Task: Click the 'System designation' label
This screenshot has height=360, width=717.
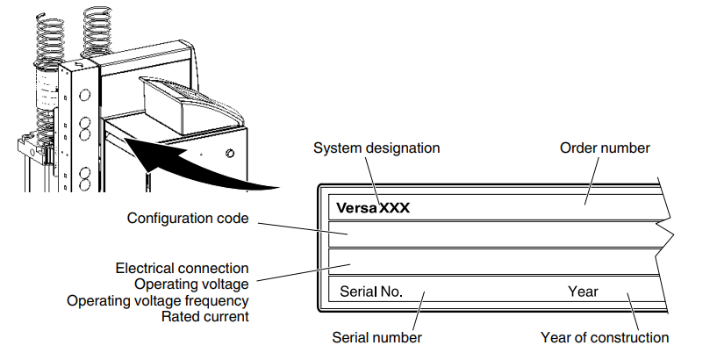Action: tap(376, 148)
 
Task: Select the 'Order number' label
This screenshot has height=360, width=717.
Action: tap(605, 148)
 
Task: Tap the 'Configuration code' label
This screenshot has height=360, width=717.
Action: tap(188, 219)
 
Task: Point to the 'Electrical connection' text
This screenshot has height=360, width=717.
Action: tap(182, 268)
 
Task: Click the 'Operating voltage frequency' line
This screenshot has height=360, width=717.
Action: tap(158, 300)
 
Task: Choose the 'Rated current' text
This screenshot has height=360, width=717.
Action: tap(204, 316)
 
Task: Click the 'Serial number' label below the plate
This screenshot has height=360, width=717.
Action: tap(376, 337)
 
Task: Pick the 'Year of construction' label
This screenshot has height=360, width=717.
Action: tap(605, 337)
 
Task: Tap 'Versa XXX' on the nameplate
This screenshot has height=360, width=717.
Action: tap(373, 209)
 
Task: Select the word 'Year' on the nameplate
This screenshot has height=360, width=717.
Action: tap(582, 292)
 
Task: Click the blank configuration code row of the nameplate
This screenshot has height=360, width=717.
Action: tap(491, 234)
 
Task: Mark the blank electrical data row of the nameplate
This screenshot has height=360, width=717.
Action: tap(491, 263)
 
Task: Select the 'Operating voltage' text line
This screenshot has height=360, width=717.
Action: tap(191, 284)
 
